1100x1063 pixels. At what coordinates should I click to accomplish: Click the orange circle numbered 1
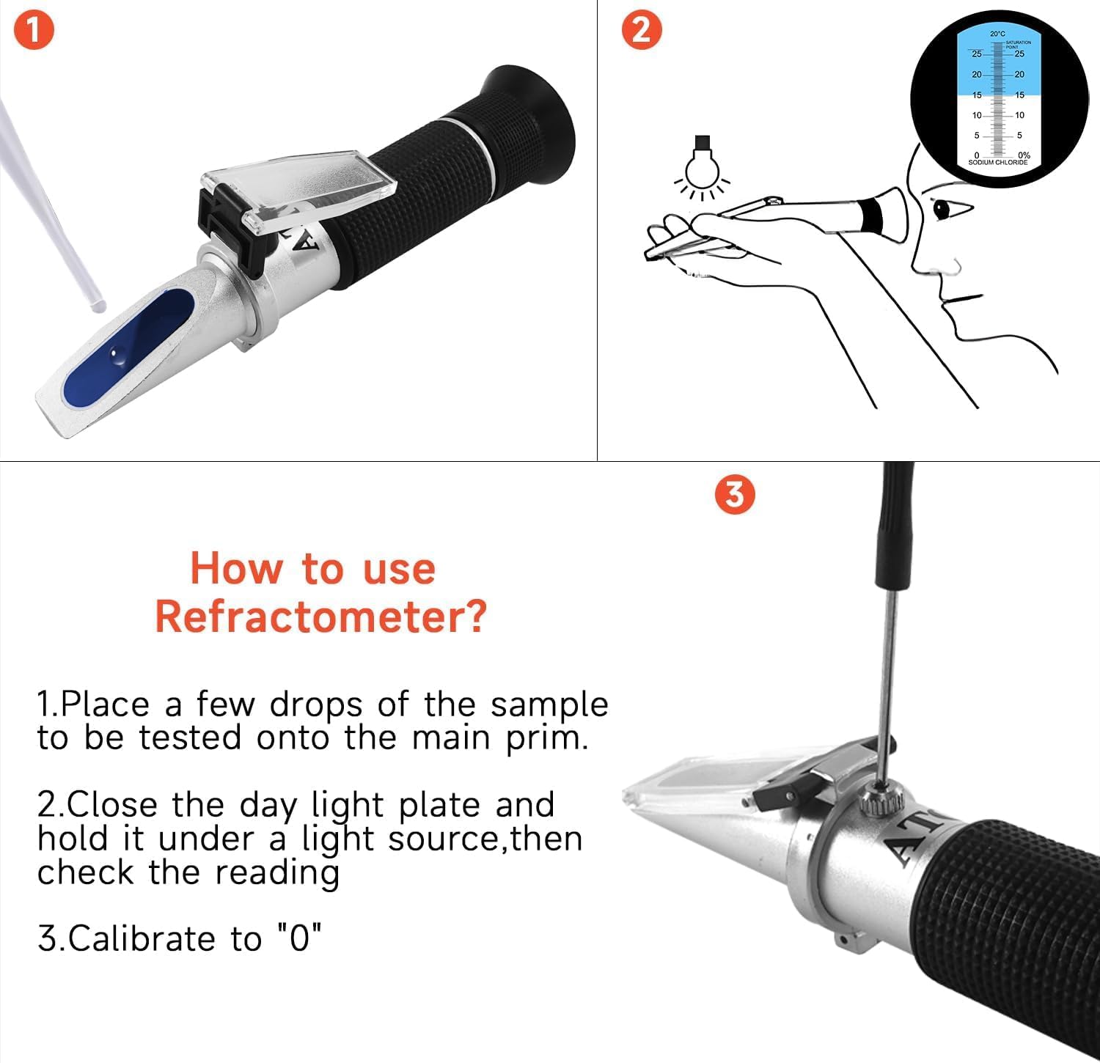[x=34, y=32]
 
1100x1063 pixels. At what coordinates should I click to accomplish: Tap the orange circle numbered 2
[x=641, y=32]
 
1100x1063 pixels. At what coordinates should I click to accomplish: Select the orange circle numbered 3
[x=734, y=495]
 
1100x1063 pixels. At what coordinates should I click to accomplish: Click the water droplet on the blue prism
[x=118, y=355]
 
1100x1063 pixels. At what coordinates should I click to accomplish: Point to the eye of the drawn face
[x=941, y=210]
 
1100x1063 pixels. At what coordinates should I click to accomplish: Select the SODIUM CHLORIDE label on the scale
[x=997, y=162]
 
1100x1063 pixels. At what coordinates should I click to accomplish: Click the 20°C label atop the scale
[x=997, y=34]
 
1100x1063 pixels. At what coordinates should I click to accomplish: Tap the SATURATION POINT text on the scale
[x=1018, y=45]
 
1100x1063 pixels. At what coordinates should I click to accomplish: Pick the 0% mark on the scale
[x=1024, y=155]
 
